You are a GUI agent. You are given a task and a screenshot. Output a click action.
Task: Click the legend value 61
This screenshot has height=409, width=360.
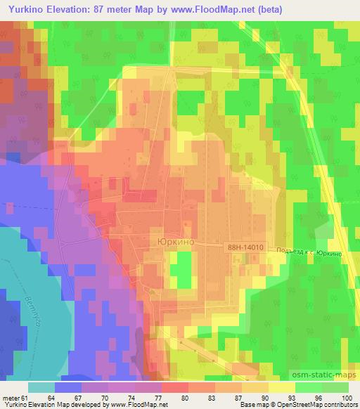pyautogui.click(x=25, y=398)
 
